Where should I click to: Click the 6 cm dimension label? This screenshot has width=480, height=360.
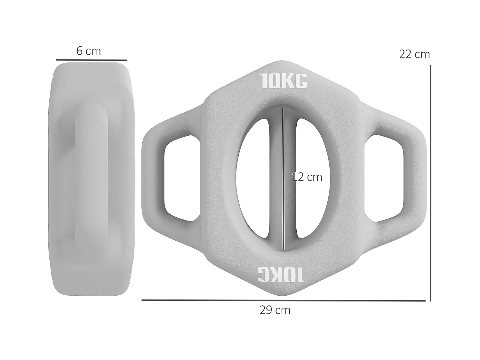pyautogui.click(x=89, y=51)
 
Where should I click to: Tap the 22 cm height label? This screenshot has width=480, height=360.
pyautogui.click(x=414, y=54)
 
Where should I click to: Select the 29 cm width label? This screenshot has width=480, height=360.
pyautogui.click(x=275, y=310)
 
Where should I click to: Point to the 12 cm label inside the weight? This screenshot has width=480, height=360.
pyautogui.click(x=307, y=177)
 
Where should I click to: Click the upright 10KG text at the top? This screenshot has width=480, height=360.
pyautogui.click(x=284, y=81)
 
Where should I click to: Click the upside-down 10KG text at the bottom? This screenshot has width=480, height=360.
pyautogui.click(x=281, y=275)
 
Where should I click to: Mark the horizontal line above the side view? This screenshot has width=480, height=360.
pyautogui.click(x=91, y=60)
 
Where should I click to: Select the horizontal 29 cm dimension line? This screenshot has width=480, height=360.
pyautogui.click(x=283, y=300)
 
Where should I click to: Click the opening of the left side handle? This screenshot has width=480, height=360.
pyautogui.click(x=181, y=178)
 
